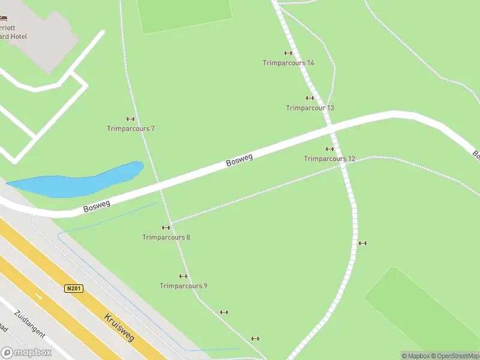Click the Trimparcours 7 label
(131, 128)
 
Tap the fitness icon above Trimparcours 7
(130, 119)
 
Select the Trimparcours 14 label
(288, 62)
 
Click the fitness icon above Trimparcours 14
(288, 53)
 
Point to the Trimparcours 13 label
(310, 108)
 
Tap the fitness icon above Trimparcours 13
(310, 98)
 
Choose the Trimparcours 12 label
(329, 159)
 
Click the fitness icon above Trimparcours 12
(329, 149)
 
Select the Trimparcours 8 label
(166, 237)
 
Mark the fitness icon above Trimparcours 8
(166, 227)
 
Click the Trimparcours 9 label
(184, 286)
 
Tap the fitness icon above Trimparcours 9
(184, 277)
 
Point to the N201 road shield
(73, 289)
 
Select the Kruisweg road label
(119, 327)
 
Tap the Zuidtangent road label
(27, 323)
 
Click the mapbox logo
(26, 353)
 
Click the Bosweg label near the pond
(97, 207)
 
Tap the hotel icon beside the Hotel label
(3, 19)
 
